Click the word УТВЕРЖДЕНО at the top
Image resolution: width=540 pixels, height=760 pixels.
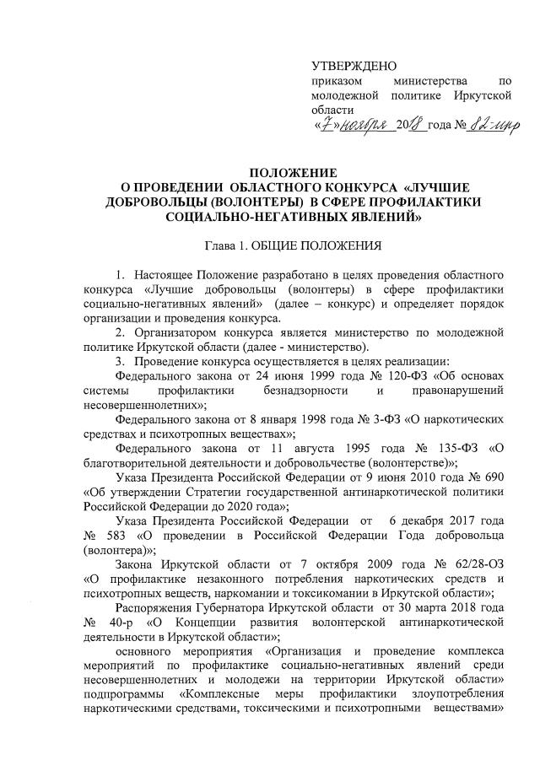[x=354, y=65]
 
